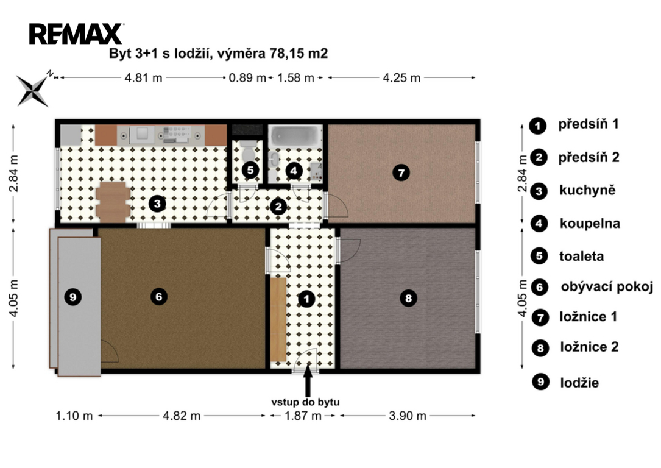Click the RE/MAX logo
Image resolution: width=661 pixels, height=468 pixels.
coord(76,34)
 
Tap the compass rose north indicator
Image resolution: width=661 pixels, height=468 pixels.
coord(50,74)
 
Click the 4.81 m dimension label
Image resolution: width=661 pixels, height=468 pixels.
coord(143,78)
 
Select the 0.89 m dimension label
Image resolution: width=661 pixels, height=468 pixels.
coord(247,78)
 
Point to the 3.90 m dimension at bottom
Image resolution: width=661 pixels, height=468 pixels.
coord(407,416)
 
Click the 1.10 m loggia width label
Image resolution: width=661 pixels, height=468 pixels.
coord(74,416)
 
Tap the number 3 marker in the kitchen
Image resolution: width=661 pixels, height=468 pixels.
coord(157,204)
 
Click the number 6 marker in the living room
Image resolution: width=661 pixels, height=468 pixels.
coord(159,297)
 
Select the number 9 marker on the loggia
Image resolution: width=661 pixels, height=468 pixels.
coord(73,297)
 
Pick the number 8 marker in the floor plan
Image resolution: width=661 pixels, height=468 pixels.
coord(409,299)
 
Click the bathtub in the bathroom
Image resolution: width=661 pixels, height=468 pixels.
coord(295,136)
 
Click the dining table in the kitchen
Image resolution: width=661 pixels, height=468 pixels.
coord(113,202)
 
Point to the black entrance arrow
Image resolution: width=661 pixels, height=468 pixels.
coord(308,380)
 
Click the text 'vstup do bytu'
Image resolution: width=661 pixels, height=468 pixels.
coord(305,402)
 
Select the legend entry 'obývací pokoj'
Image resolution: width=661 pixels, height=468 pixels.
coord(607,286)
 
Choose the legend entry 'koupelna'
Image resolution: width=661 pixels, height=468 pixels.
coord(590,223)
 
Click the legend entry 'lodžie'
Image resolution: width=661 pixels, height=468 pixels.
coord(579,383)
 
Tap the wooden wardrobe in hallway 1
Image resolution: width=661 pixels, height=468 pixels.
coord(278,319)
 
